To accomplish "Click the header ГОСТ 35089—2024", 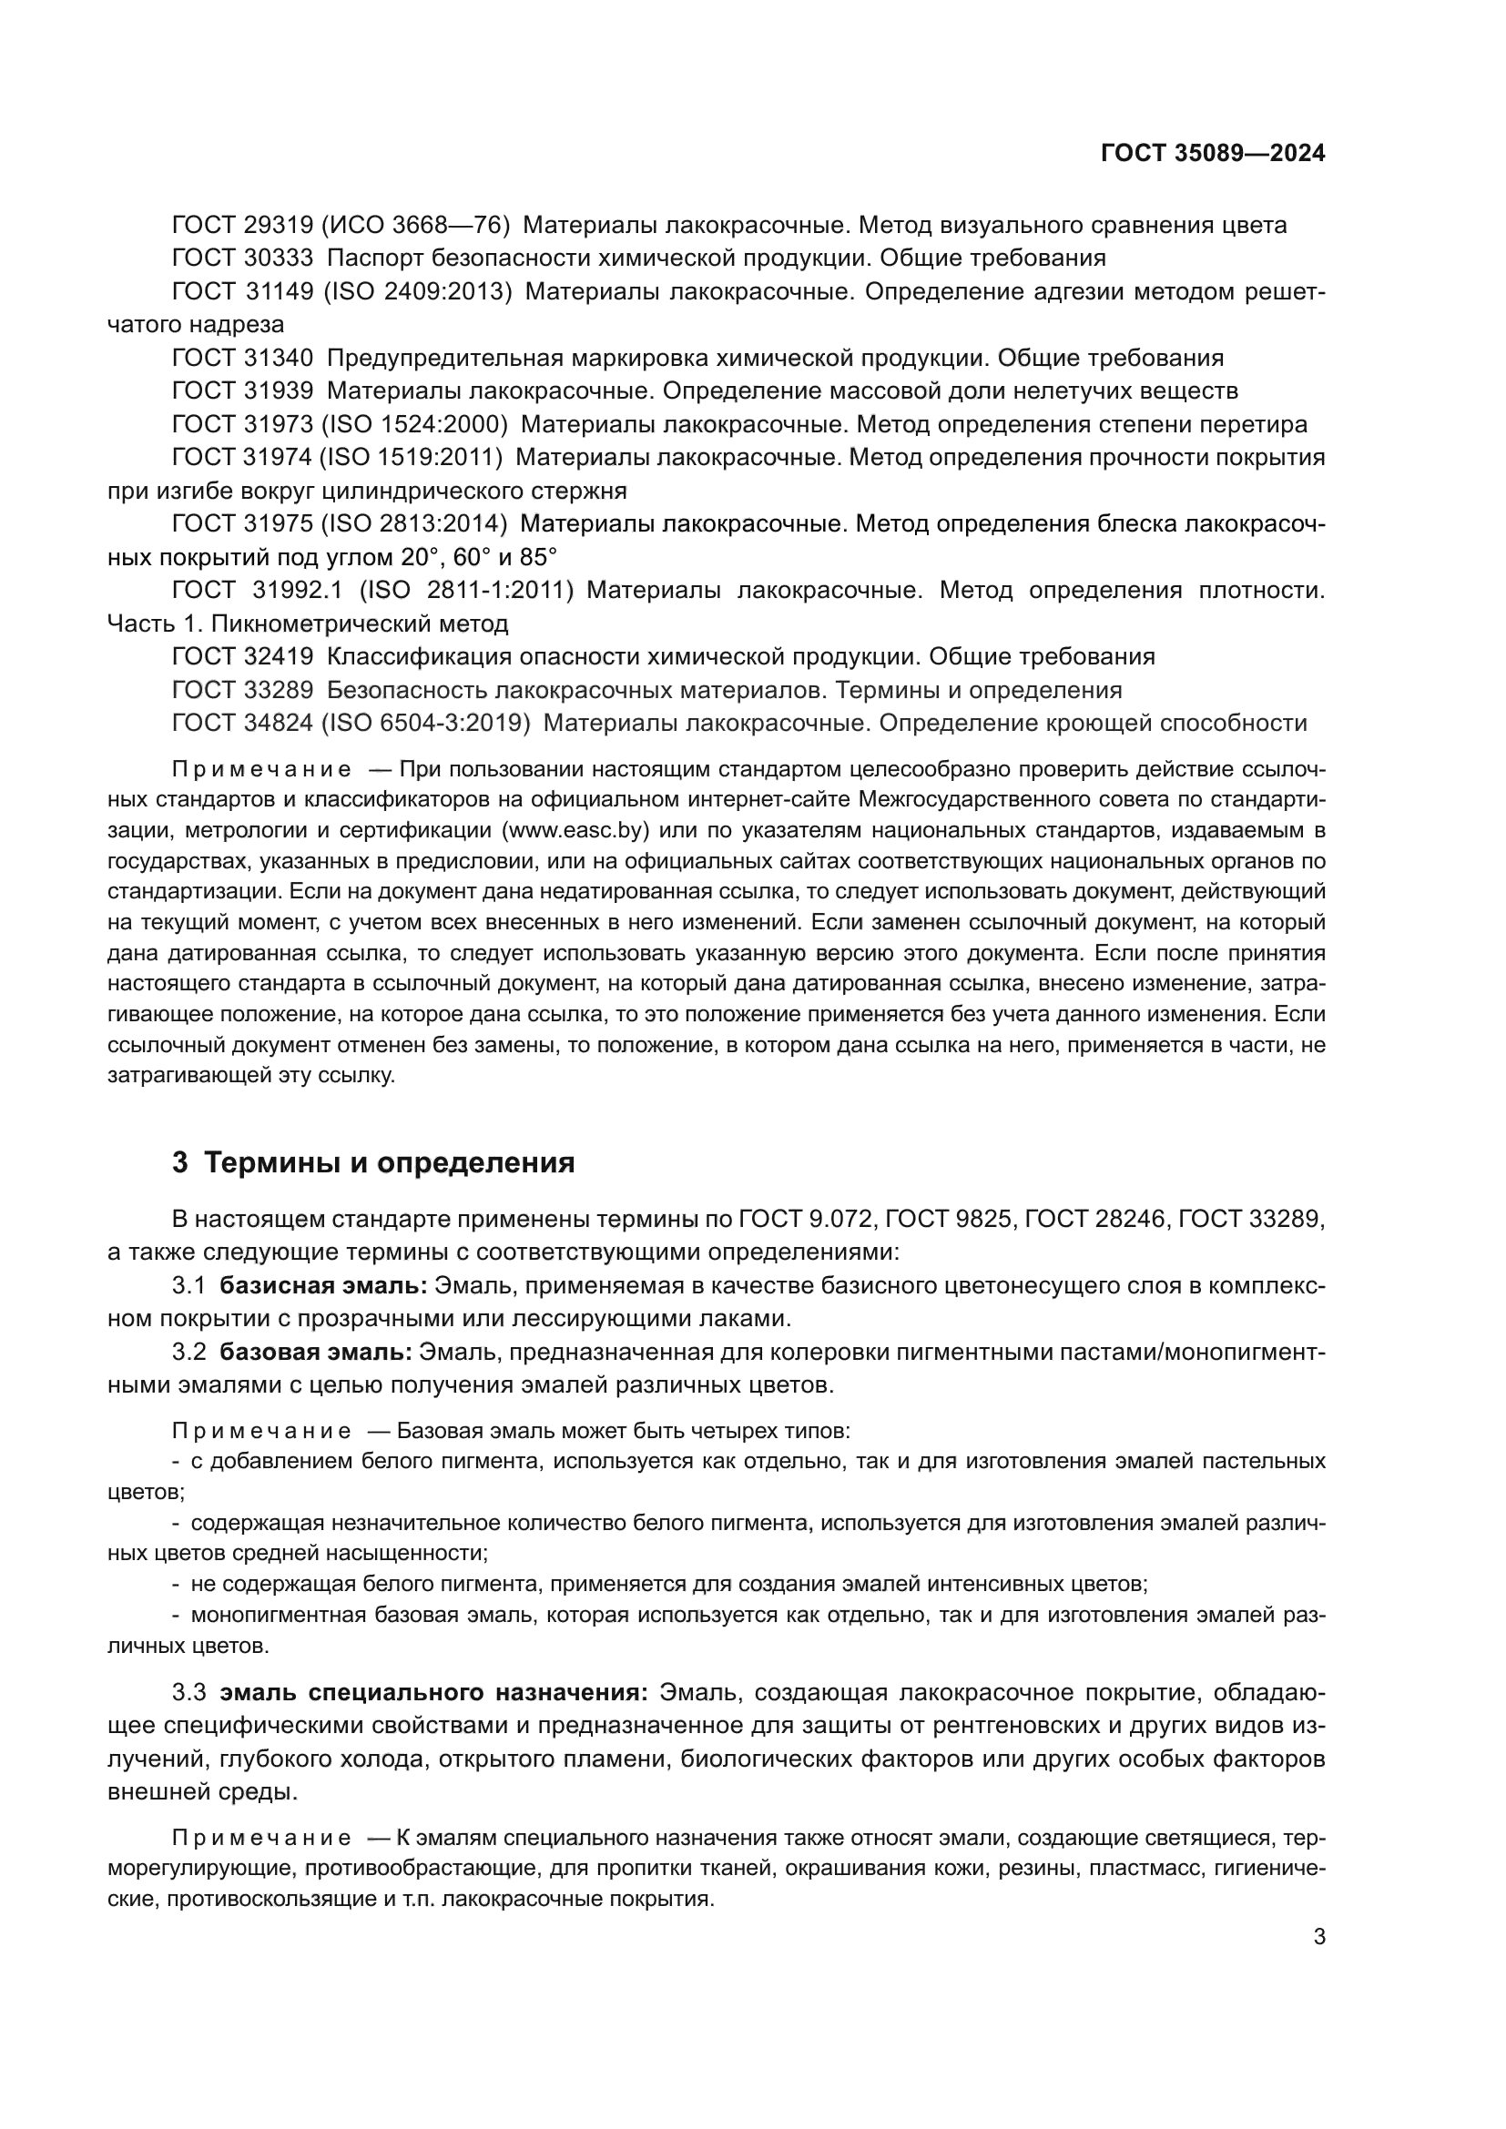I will click(x=1212, y=154).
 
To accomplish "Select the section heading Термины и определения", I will click(x=389, y=1162).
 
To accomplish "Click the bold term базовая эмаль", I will click(x=315, y=1352).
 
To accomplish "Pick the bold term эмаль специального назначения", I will click(x=433, y=1692).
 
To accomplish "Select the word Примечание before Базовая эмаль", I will click(x=261, y=1431).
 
